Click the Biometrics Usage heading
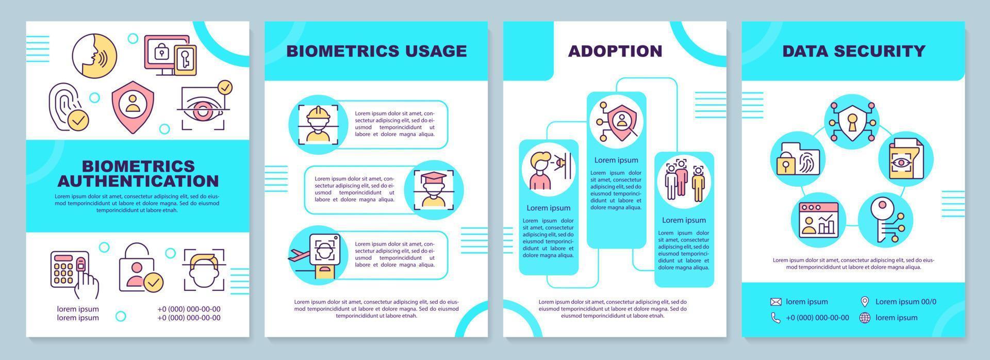(376, 51)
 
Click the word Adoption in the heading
(615, 51)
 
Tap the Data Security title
(853, 51)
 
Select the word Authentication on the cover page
(138, 181)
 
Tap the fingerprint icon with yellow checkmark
(69, 107)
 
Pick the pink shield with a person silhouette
(133, 104)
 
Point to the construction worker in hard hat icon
(318, 124)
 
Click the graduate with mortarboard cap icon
(434, 190)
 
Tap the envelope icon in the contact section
(775, 302)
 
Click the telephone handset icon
(775, 318)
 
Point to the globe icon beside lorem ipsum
(865, 318)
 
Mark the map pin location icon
(865, 302)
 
